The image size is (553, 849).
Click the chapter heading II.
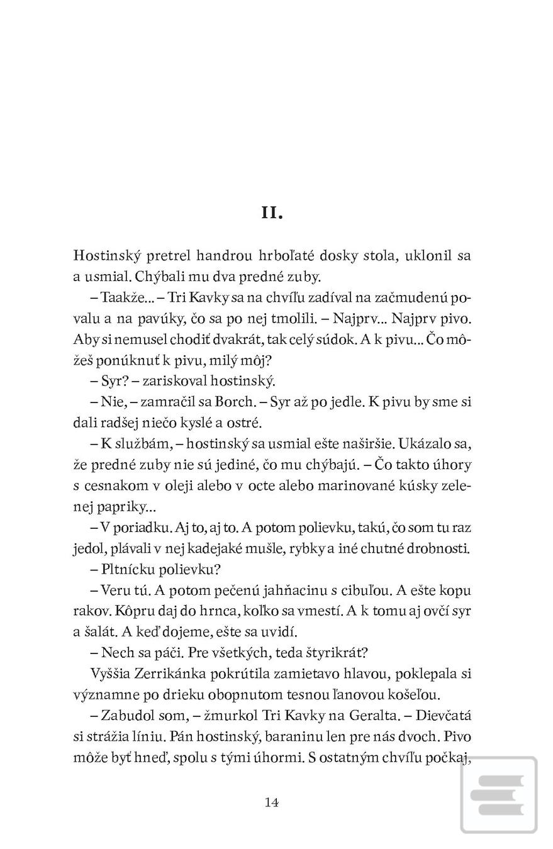pos(272,213)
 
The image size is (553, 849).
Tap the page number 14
pos(272,802)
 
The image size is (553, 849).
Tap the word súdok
pos(349,339)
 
